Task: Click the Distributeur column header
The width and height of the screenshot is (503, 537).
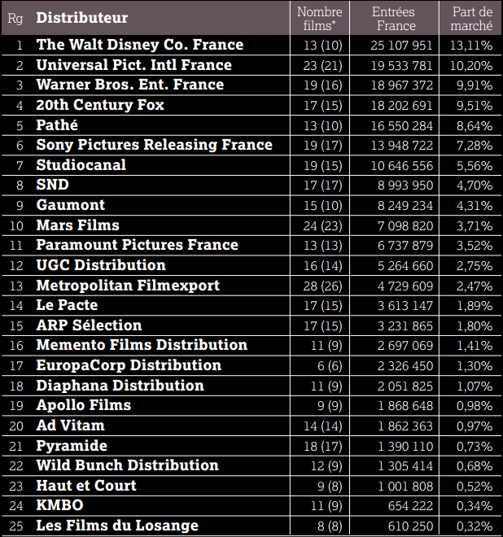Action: pyautogui.click(x=82, y=18)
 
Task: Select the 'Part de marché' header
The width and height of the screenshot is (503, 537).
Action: pyautogui.click(x=472, y=18)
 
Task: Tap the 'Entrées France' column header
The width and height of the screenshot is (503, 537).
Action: pyautogui.click(x=394, y=18)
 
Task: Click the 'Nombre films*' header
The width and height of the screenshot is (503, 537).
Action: pyautogui.click(x=320, y=18)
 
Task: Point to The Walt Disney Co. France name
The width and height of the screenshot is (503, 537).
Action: pyautogui.click(x=140, y=45)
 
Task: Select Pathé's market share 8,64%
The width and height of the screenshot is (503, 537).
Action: pyautogui.click(x=472, y=125)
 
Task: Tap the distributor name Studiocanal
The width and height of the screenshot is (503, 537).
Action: pyautogui.click(x=81, y=165)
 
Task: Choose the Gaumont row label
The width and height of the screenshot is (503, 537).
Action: pyautogui.click(x=71, y=205)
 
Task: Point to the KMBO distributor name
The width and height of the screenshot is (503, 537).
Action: pyautogui.click(x=59, y=505)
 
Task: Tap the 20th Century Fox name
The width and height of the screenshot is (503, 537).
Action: pyautogui.click(x=100, y=105)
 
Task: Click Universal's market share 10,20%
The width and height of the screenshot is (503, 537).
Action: pyautogui.click(x=470, y=65)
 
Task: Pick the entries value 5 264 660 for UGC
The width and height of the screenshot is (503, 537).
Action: pyautogui.click(x=404, y=265)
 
